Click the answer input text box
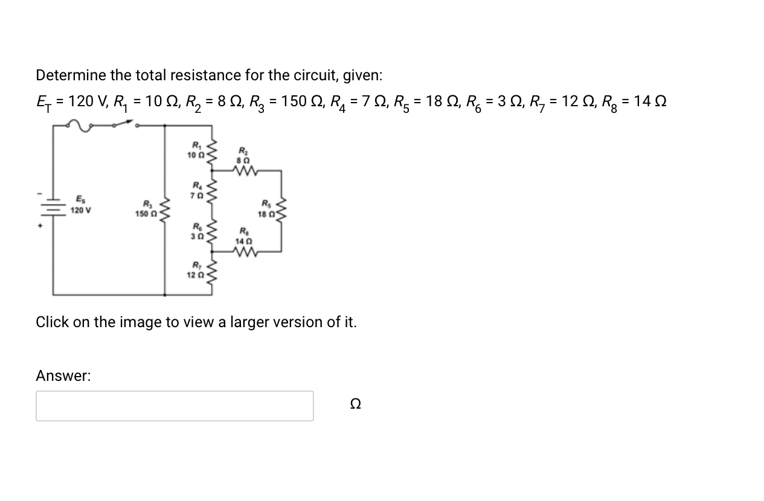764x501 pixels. coord(175,406)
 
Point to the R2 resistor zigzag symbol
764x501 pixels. coord(243,171)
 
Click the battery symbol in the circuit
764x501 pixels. coord(53,206)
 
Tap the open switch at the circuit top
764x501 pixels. coord(124,124)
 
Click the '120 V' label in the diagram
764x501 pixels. coord(81,211)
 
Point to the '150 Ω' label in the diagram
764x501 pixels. coord(146,213)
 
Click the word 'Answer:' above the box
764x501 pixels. coord(63,375)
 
